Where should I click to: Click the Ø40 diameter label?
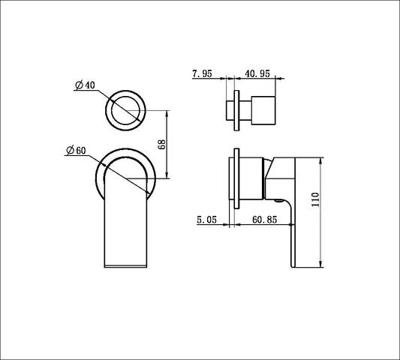click(84, 86)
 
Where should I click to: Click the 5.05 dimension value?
click(208, 220)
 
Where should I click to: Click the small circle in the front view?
click(125, 109)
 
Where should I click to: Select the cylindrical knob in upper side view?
click(264, 109)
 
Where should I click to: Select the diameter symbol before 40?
click(78, 86)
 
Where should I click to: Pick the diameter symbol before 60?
click(70, 151)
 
